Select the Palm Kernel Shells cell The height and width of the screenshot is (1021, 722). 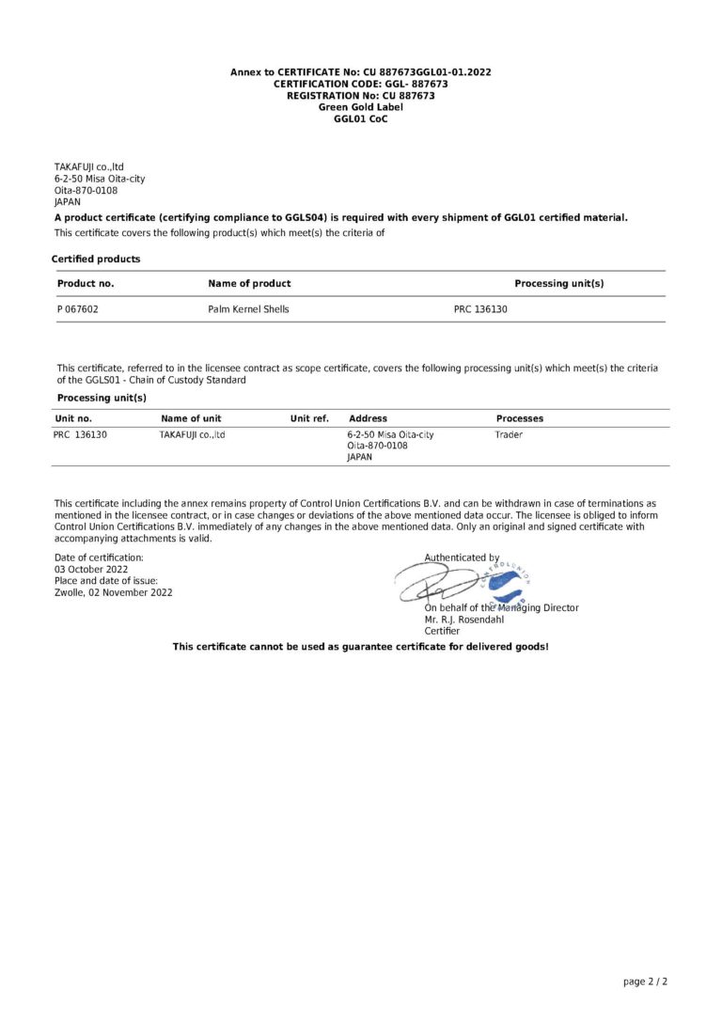tap(248, 308)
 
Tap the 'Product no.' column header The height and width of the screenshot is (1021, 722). tap(86, 283)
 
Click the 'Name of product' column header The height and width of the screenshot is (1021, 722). tap(249, 283)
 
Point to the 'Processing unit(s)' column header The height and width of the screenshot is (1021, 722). tap(558, 283)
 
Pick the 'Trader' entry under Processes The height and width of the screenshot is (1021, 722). tap(509, 435)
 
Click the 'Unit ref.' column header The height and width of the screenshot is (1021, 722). tap(309, 418)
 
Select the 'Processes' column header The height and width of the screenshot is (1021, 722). tap(520, 418)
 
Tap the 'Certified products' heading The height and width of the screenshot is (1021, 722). tap(96, 259)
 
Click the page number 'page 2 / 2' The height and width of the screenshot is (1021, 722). tap(645, 982)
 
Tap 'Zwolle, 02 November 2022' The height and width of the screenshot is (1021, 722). tap(114, 592)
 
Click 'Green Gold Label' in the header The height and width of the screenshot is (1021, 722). tap(361, 107)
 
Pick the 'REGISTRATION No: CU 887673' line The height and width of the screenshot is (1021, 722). tap(361, 96)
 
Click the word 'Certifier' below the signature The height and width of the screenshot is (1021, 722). tap(443, 631)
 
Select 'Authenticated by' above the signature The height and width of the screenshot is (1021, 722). tap(462, 558)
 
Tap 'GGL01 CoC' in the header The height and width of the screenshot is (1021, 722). tap(361, 119)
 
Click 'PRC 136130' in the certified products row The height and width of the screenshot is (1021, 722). tap(480, 308)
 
